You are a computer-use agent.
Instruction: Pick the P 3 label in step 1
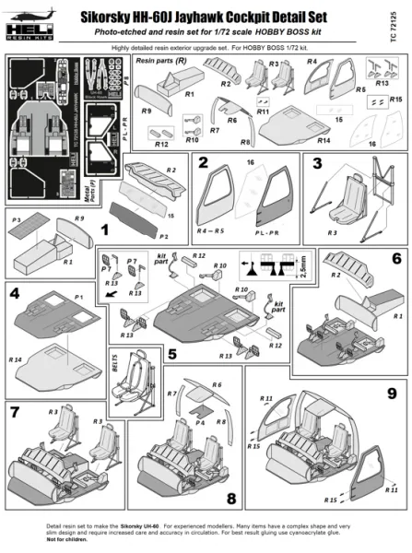tap(17, 221)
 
